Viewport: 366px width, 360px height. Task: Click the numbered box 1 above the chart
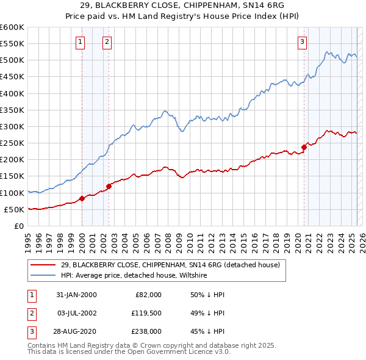pos(80,41)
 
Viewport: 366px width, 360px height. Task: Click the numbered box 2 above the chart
pos(107,41)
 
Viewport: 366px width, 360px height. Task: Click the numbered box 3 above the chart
pos(302,41)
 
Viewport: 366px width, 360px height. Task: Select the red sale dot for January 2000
pos(82,198)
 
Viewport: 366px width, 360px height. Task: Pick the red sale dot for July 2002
pos(109,186)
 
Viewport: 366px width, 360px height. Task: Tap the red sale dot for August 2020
pos(304,146)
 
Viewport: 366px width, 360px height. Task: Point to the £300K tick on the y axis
pos(13,126)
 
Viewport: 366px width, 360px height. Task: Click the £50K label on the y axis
pos(15,209)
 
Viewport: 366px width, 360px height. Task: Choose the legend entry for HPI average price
pos(134,275)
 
